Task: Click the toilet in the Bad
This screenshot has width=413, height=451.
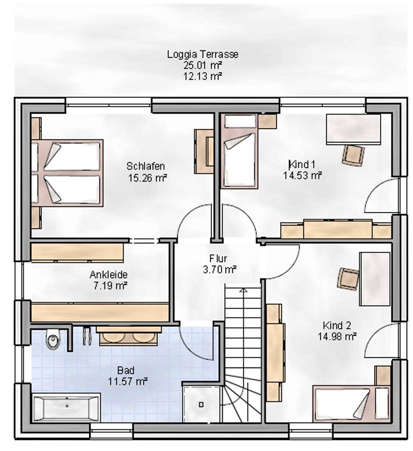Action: coord(53,339)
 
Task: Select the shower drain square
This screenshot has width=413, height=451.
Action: coord(201,405)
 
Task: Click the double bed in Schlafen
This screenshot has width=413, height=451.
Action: coord(67,173)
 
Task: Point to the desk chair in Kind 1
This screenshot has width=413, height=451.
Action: coord(353,155)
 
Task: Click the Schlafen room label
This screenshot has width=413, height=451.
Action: coord(146,166)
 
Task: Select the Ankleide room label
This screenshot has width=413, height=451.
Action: coord(109,275)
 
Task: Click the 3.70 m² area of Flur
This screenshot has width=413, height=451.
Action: coord(219,270)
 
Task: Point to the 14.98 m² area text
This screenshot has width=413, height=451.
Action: coord(337,336)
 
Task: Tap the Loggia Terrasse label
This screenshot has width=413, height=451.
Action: coord(203,54)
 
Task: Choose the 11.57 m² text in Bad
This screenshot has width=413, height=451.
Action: coord(128,381)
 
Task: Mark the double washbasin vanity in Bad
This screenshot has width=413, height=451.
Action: coord(129,336)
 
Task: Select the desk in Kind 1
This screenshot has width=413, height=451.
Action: coord(354,129)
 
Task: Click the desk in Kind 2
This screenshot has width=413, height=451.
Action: coord(375,279)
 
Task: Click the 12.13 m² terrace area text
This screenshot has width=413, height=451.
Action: coord(203,76)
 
